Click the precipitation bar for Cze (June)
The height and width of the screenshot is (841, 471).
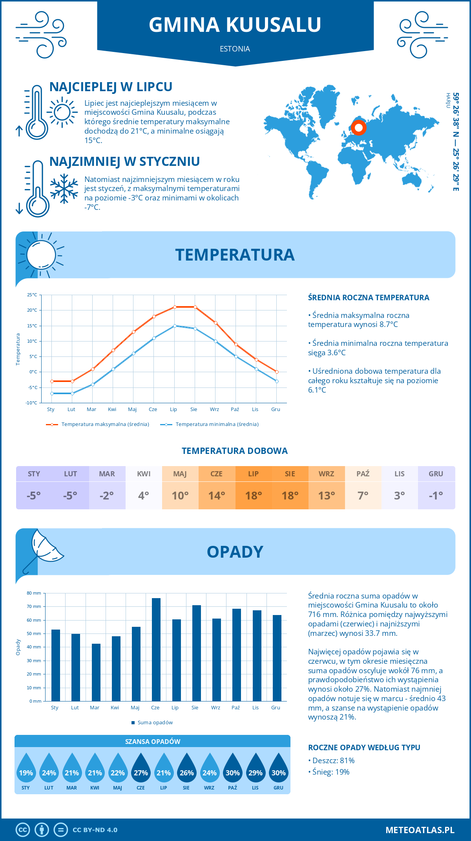pos(156,649)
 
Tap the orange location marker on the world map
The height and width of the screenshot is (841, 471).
pos(358,128)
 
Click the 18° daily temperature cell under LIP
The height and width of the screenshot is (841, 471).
pos(253,496)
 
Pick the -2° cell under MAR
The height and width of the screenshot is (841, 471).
pos(107,496)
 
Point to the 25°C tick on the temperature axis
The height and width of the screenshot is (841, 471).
pos(32,295)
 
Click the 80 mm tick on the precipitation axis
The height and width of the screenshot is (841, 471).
pos(34,593)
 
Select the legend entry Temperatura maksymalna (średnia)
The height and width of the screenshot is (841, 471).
pos(98,424)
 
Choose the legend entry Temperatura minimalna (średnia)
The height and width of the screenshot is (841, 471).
pos(210,424)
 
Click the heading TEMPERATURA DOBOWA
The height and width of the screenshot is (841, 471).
pos(235,451)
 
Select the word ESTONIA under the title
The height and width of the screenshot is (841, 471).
pos(235,49)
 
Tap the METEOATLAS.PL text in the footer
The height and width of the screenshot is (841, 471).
pos(420,830)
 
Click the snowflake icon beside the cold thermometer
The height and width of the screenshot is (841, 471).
pos(64,189)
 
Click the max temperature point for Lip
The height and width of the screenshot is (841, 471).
pos(175,307)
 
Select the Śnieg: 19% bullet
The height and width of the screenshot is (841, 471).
pos(330,772)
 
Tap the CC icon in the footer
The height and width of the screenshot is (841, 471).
pos(23,830)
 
